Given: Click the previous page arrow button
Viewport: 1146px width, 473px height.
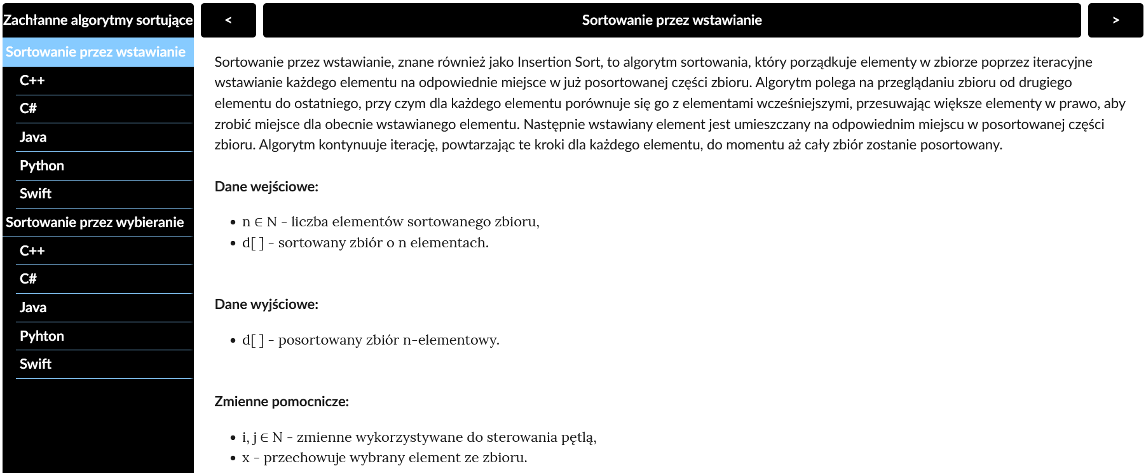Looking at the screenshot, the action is click(x=228, y=20).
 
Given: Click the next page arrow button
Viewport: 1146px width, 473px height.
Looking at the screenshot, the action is click(x=1115, y=20).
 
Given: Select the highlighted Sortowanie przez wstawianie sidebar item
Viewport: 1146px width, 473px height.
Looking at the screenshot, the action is click(x=95, y=52).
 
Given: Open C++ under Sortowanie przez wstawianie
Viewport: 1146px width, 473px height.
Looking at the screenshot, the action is click(x=32, y=81).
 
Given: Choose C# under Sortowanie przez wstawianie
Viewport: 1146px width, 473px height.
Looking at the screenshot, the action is click(x=29, y=109).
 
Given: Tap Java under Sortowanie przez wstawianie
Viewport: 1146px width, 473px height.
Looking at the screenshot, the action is click(x=33, y=137).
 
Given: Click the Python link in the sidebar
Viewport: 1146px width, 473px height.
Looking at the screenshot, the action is click(x=42, y=166).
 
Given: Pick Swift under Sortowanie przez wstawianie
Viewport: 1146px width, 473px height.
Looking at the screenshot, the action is click(x=36, y=194).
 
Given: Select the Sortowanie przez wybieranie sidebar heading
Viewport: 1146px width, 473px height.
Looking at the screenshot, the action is click(x=95, y=223).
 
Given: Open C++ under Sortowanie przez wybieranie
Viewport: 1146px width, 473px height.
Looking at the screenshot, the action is click(x=32, y=251).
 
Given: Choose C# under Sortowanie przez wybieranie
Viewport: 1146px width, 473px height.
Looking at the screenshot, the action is click(x=29, y=279).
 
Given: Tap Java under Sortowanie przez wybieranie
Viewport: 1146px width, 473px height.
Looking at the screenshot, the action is click(x=33, y=308).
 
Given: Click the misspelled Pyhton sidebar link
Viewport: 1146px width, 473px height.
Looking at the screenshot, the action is click(x=42, y=336).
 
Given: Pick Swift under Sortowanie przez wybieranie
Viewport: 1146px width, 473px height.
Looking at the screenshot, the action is click(x=36, y=364).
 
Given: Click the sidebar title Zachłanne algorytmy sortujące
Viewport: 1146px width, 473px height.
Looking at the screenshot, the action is click(x=98, y=20).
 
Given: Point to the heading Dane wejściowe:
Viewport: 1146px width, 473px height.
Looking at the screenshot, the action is click(x=266, y=187).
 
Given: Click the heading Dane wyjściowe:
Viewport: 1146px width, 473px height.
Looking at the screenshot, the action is click(x=266, y=305).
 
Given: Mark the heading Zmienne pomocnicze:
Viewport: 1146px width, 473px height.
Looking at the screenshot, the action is click(x=282, y=402).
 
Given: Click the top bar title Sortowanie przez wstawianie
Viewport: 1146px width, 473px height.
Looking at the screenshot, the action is click(x=672, y=20).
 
